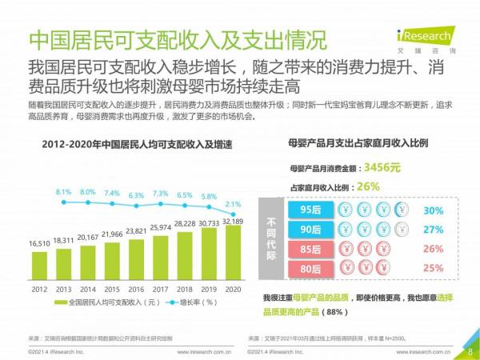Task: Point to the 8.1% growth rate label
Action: (x=65, y=193)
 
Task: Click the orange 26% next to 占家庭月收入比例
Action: (x=369, y=186)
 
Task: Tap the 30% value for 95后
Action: (x=433, y=210)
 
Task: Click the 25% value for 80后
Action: (x=433, y=267)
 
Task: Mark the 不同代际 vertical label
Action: (x=273, y=238)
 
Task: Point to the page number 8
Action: (x=470, y=350)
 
